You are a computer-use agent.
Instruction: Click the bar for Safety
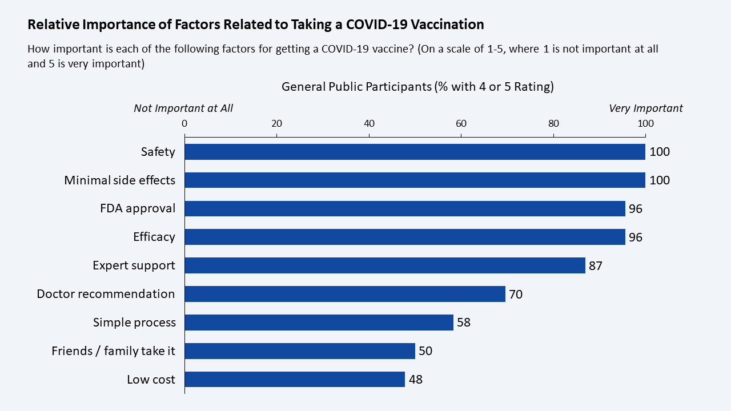pos(415,152)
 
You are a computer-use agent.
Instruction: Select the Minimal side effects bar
pos(415,180)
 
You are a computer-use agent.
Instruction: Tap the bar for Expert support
pos(385,265)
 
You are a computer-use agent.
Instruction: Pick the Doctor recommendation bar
pos(346,294)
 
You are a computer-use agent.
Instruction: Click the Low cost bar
pos(295,379)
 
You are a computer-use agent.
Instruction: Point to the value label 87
pos(595,266)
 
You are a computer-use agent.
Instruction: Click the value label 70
pos(516,294)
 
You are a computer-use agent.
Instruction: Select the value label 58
pos(463,323)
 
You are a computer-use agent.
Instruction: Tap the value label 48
pos(415,380)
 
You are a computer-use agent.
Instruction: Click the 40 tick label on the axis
pos(369,124)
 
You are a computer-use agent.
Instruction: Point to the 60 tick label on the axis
pos(461,124)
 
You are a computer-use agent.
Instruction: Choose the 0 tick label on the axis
pos(184,124)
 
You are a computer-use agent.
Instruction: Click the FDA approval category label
pos(138,208)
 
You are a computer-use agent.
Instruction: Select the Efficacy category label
pos(154,237)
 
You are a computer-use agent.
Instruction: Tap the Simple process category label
pos(134,323)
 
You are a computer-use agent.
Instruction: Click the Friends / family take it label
pos(113,351)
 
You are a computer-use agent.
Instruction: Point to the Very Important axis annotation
pos(646,108)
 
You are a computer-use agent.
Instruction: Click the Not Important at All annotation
pos(183,108)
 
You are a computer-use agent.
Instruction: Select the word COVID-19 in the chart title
pos(376,25)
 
